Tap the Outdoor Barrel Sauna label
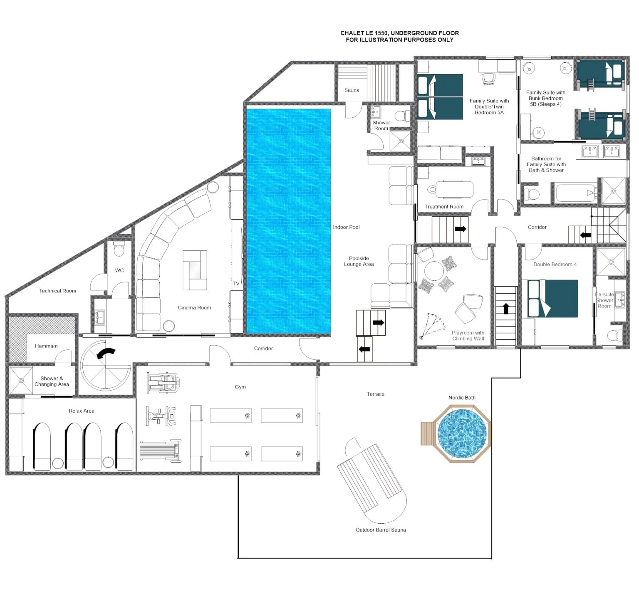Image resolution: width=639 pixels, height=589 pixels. (x=381, y=530)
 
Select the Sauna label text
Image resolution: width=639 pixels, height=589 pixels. (x=352, y=90)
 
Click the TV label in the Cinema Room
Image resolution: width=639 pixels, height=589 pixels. (x=236, y=284)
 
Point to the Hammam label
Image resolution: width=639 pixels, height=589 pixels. (x=46, y=346)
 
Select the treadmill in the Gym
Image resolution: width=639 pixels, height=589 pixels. (x=160, y=450)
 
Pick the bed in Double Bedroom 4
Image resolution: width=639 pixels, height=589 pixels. (x=552, y=299)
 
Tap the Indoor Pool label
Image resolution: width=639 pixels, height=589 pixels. (x=346, y=227)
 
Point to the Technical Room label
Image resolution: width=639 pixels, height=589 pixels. (x=57, y=291)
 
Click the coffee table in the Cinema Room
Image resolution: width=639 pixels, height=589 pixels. (x=195, y=270)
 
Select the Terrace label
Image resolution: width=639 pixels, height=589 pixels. (x=375, y=394)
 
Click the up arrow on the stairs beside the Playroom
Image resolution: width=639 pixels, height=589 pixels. (x=506, y=308)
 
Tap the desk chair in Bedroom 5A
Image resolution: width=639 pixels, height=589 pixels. (x=489, y=78)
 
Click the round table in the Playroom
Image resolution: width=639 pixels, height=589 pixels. (x=433, y=271)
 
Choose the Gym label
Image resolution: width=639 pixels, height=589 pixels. (x=240, y=387)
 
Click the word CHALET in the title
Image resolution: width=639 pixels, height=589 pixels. (x=352, y=33)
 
